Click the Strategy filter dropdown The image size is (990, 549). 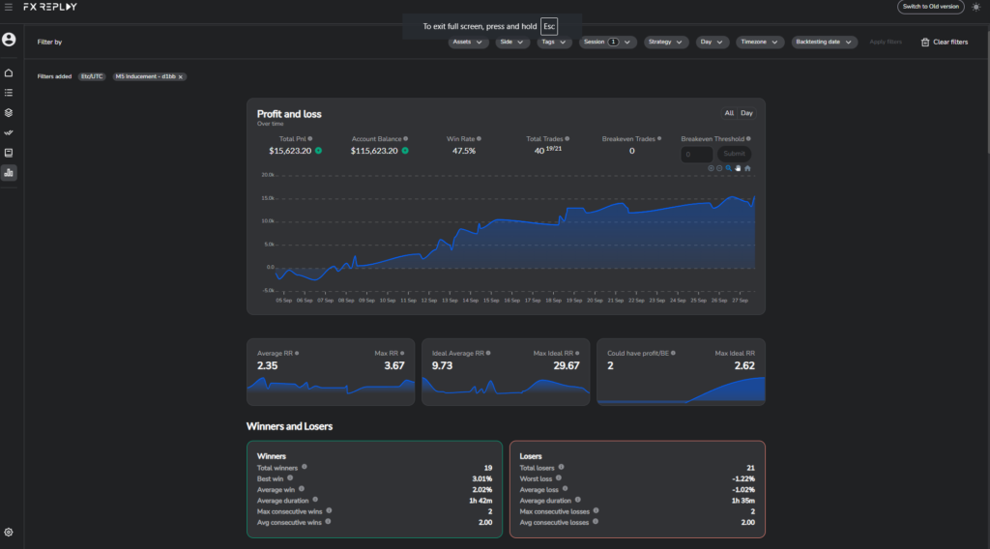tap(666, 42)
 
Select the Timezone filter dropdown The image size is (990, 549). tap(760, 42)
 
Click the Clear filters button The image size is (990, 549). tap(944, 42)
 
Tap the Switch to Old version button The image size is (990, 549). tap(930, 7)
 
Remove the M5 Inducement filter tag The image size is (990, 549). tap(180, 76)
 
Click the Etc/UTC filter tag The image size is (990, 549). tap(93, 76)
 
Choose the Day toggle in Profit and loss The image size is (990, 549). tap(746, 113)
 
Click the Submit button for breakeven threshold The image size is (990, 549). tap(734, 154)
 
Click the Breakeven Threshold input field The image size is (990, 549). tap(696, 154)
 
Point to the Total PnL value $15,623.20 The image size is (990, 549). tap(290, 151)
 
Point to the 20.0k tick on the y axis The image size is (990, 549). tap(268, 176)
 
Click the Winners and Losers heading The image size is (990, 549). tap(289, 425)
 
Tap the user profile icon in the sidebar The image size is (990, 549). tap(9, 40)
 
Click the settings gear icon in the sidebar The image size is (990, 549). tap(9, 532)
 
